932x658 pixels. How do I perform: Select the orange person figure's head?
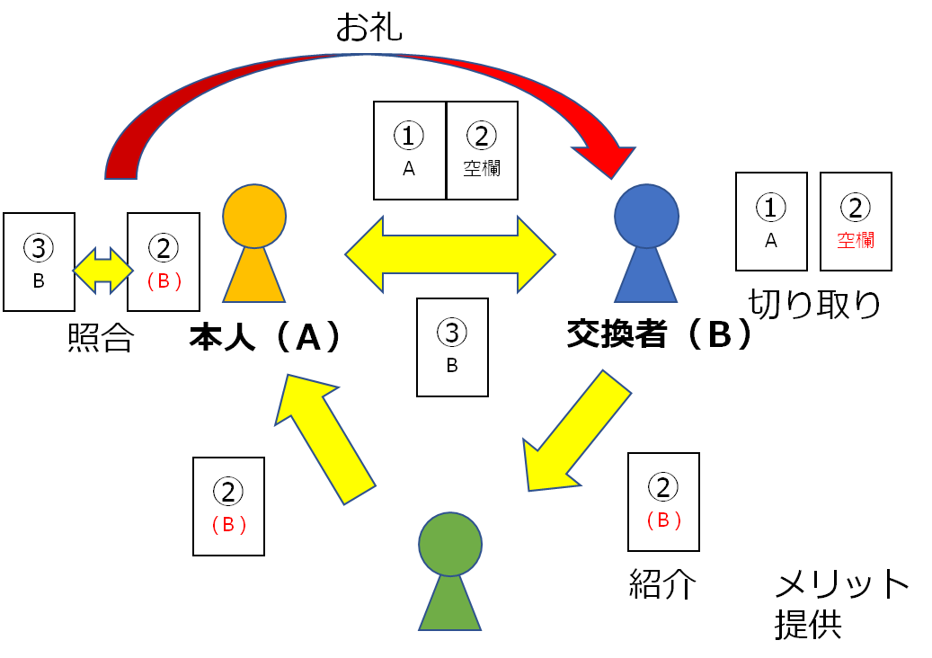click(x=254, y=216)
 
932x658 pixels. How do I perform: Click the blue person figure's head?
click(x=646, y=216)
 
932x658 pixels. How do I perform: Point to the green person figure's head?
click(x=450, y=544)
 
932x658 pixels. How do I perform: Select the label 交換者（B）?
click(x=659, y=334)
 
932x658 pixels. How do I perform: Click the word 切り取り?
click(x=815, y=306)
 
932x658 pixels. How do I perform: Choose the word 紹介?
click(x=662, y=584)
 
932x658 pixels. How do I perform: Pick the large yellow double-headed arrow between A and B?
click(x=450, y=254)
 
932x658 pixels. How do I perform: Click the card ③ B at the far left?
click(x=39, y=262)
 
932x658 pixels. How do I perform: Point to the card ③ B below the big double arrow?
click(x=452, y=347)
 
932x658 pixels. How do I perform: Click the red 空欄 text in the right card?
click(x=856, y=240)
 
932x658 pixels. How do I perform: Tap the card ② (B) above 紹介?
click(x=663, y=502)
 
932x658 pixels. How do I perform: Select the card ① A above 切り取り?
click(x=771, y=222)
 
